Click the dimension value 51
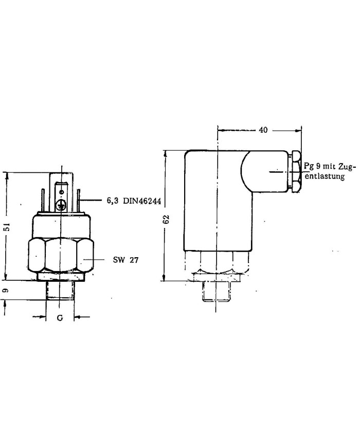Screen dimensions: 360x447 click(8, 227)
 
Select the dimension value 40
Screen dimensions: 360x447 click(263, 130)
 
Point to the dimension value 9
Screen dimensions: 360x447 click(6, 290)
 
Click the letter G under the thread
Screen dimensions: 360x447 click(60, 317)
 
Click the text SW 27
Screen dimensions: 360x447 click(125, 260)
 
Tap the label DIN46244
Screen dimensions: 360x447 click(142, 201)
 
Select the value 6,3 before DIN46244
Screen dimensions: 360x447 click(113, 201)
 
